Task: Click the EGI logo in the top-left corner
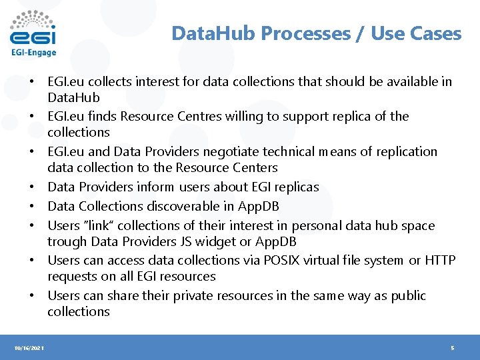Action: pos(33,29)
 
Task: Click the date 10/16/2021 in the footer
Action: pos(30,348)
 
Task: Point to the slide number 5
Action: pos(453,348)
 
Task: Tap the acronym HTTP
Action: pos(440,260)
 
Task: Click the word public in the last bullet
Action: pos(406,295)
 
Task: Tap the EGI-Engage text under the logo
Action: pos(33,53)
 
